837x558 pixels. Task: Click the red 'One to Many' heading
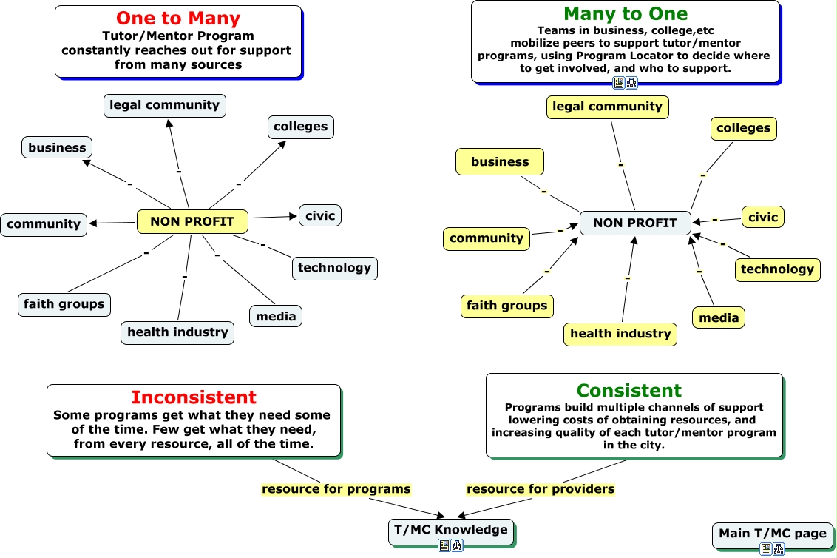pos(178,19)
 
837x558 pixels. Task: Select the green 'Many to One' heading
pos(626,14)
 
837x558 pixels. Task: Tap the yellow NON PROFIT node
pos(192,221)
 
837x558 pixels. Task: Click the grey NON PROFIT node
pos(635,223)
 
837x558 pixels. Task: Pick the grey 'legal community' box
pos(164,105)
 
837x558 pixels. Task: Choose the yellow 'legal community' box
pos(608,107)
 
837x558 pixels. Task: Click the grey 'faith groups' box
pos(64,304)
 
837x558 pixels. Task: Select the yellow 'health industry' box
pos(620,334)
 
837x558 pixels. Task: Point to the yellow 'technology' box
pos(777,269)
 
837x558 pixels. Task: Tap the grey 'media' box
pos(276,316)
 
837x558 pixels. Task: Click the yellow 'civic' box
pos(763,217)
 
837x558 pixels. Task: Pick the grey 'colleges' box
pos(300,127)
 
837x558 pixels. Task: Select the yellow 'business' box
pos(500,161)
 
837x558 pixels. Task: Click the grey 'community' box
pos(44,224)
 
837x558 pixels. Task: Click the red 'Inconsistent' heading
pos(194,397)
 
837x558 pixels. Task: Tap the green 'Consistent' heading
pos(629,391)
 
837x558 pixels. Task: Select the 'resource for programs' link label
pos(336,489)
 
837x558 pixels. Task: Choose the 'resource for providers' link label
pos(541,489)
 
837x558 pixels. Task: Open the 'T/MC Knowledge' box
pos(451,530)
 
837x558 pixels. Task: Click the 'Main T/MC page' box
pos(773,534)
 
